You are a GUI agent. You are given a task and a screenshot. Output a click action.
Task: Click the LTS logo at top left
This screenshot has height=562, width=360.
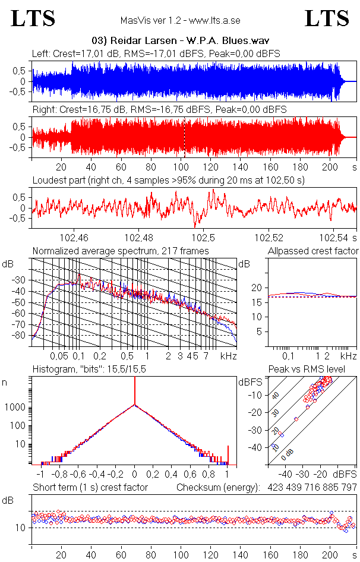pos(33,18)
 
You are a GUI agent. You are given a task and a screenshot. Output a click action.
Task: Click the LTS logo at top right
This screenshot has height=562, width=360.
pos(327,18)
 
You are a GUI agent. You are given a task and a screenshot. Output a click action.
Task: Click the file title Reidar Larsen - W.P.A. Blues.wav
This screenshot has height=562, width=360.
pos(179,40)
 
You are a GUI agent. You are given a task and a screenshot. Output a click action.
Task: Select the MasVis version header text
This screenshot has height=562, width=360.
pos(180,21)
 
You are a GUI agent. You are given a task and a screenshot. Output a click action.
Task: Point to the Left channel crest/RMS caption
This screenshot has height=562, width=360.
pos(156,54)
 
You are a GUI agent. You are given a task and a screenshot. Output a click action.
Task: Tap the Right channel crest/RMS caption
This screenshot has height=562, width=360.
pos(159,110)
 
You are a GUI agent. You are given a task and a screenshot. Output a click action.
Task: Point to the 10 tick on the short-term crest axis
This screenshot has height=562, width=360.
pos(20,528)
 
